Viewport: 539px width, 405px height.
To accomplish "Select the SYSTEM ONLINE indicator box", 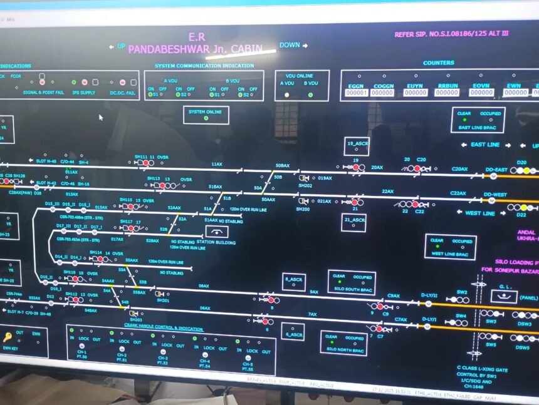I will click(206, 115).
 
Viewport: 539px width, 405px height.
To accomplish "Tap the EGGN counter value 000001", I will click(356, 93).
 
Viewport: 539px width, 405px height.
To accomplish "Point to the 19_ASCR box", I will click(356, 146).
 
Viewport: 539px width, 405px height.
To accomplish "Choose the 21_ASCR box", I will click(353, 222).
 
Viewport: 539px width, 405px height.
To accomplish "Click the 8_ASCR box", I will click(293, 281).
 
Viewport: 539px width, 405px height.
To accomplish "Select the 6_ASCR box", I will click(293, 332).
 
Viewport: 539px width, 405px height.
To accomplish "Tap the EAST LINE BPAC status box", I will click(478, 120).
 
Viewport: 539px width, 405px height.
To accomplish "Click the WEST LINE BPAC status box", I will click(449, 247).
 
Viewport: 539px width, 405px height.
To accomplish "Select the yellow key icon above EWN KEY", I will click(8, 337).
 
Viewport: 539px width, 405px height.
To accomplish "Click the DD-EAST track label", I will click(496, 170).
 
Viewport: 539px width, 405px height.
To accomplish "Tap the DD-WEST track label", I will click(496, 195).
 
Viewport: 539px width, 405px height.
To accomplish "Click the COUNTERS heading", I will click(439, 63).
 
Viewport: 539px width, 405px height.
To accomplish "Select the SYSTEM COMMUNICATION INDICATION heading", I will click(204, 66).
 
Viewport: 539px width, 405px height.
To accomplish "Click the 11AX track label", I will click(216, 164).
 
